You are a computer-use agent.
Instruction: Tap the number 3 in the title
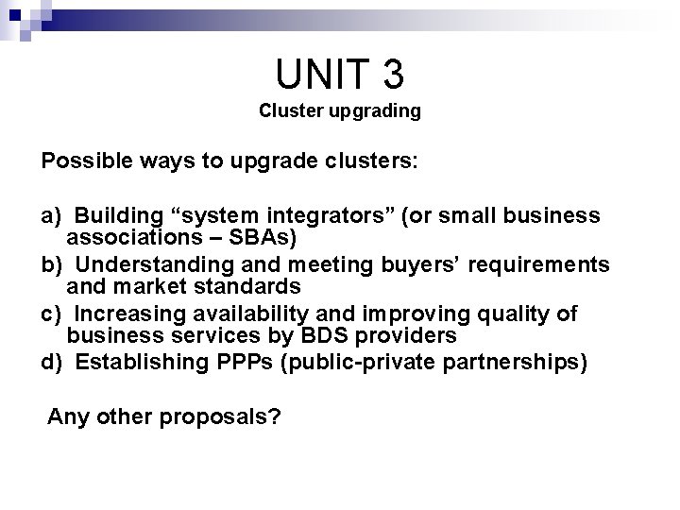(x=389, y=72)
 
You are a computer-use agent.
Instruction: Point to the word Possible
(x=83, y=160)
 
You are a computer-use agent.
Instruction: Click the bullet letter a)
(x=51, y=215)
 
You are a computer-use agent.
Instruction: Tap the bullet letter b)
(x=51, y=263)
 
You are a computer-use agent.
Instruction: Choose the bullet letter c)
(x=51, y=313)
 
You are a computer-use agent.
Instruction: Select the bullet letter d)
(x=51, y=362)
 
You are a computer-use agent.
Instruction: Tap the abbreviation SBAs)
(x=268, y=235)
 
